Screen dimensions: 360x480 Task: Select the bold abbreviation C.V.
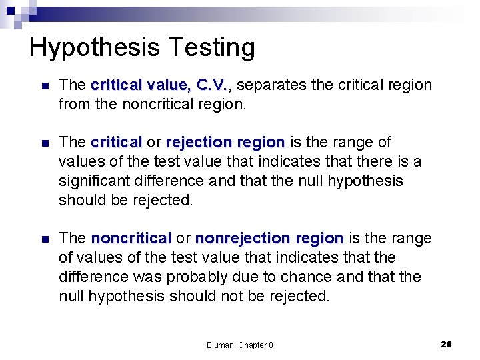pos(213,85)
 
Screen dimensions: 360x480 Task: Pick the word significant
pos(98,181)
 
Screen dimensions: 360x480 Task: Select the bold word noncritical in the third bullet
pos(131,239)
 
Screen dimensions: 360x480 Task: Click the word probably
pos(213,277)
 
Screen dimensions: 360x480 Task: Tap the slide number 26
pos(446,344)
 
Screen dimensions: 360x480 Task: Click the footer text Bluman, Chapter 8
pos(240,345)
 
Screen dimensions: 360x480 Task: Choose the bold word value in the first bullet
pos(169,85)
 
